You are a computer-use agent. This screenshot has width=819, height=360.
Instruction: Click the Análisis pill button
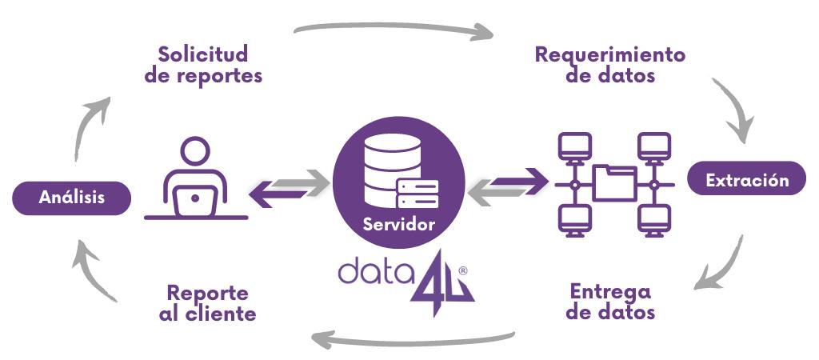tap(72, 198)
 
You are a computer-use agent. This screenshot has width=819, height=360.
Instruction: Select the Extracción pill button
tap(747, 180)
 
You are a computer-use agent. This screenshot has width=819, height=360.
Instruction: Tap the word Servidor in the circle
tap(399, 224)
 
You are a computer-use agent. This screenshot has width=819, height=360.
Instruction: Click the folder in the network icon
tap(613, 181)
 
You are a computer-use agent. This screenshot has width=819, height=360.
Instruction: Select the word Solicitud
tap(203, 54)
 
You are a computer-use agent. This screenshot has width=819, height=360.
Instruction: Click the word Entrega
tap(610, 290)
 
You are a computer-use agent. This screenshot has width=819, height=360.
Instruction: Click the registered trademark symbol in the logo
tap(463, 271)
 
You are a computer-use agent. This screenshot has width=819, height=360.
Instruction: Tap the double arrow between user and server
tap(290, 187)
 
